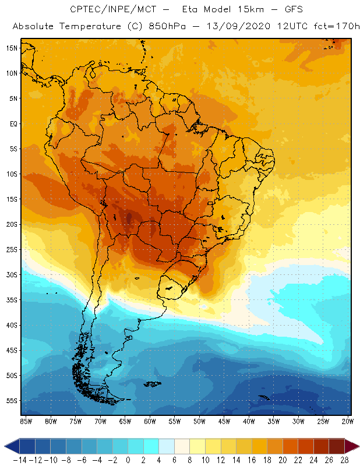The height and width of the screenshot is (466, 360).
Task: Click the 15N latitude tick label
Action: pos(11,48)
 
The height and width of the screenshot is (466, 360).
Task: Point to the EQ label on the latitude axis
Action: pos(12,123)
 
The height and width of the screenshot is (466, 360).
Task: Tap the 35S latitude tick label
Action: pos(11,300)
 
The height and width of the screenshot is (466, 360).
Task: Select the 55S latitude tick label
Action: pos(11,401)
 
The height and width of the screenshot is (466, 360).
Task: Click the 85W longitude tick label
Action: pos(26,421)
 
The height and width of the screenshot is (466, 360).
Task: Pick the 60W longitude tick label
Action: pos(150,421)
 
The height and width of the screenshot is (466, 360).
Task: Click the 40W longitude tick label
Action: pos(249,421)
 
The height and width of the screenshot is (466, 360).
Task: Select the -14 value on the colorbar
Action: pos(19,460)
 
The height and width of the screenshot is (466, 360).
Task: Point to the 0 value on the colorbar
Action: pos(128,460)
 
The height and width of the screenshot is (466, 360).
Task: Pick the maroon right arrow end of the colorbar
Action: pos(351,446)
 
